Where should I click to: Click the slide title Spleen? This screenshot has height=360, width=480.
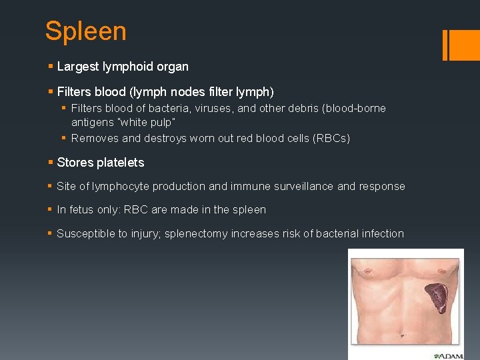pos(85,31)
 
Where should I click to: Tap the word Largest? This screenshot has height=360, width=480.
pos(77,67)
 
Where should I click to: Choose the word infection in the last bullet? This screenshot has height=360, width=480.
pos(382,233)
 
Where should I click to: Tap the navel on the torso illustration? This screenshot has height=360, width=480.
pos(395,341)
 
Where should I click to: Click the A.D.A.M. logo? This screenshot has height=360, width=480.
pos(447,356)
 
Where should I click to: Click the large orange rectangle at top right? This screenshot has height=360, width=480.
pos(462,44)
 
